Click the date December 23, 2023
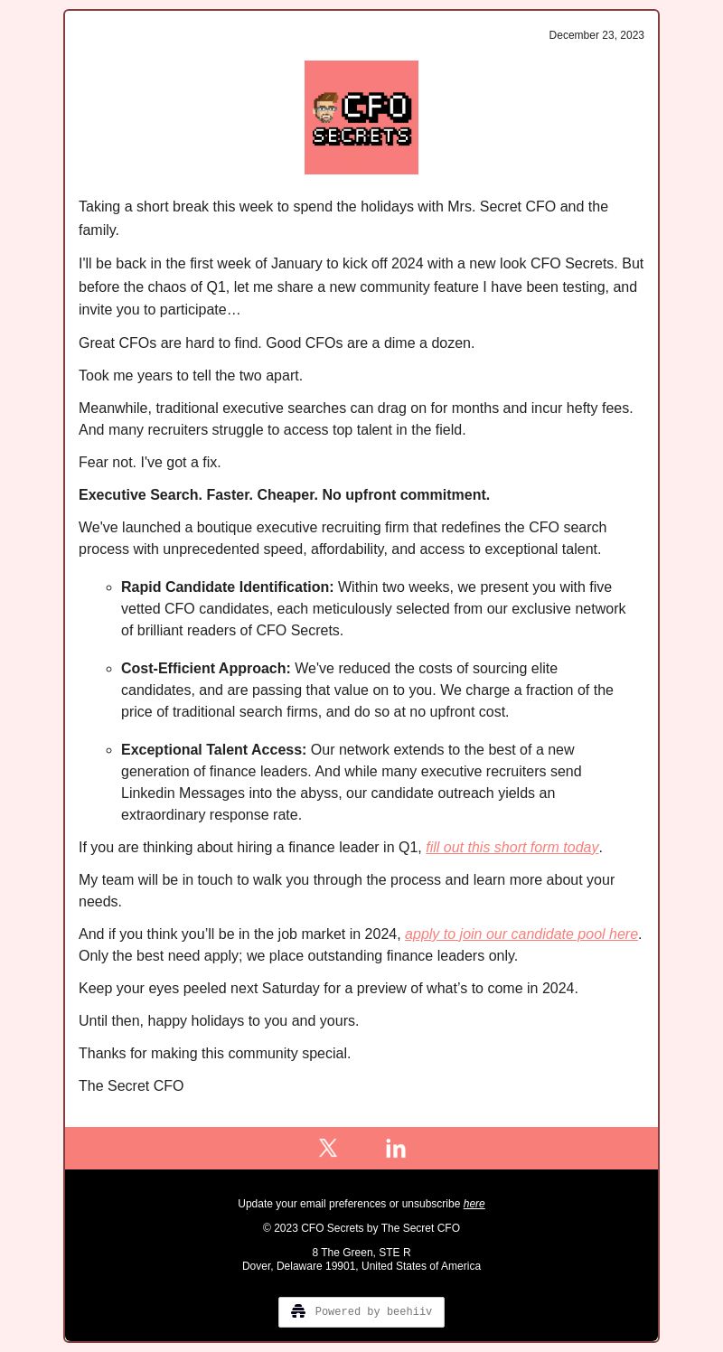pyautogui.click(x=596, y=35)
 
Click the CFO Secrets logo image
pyautogui.click(x=361, y=117)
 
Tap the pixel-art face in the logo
pyautogui.click(x=325, y=108)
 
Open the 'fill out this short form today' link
pyautogui.click(x=512, y=847)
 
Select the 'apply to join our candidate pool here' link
pyautogui.click(x=521, y=934)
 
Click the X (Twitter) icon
pyautogui.click(x=328, y=1148)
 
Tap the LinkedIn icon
pyautogui.click(x=396, y=1148)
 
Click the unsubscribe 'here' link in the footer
pyautogui.click(x=474, y=1204)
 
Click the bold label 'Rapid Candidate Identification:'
pyautogui.click(x=228, y=587)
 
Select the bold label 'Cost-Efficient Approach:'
pyautogui.click(x=206, y=668)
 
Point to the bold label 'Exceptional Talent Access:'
pyautogui.click(x=214, y=749)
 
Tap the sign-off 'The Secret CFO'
pyautogui.click(x=131, y=1085)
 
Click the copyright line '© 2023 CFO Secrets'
pyautogui.click(x=361, y=1228)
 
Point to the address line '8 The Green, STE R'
pyautogui.click(x=361, y=1253)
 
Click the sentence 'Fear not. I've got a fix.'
pyautogui.click(x=150, y=462)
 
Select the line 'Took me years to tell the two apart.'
pyautogui.click(x=191, y=375)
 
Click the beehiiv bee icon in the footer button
pyautogui.click(x=298, y=1311)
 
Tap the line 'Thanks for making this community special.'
pyautogui.click(x=215, y=1053)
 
